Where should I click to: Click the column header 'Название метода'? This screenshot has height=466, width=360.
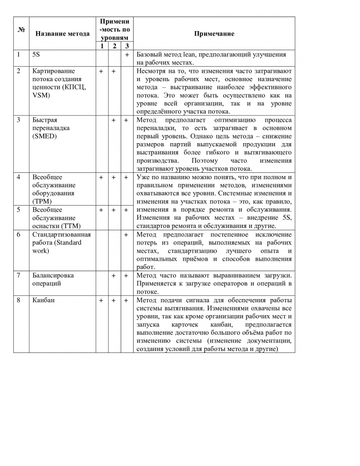click(62, 34)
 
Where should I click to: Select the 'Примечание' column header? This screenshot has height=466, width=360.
click(214, 34)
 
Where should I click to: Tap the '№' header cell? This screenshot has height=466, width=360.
click(21, 30)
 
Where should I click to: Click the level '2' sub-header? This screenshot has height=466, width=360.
click(114, 46)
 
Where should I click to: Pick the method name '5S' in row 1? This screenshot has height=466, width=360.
click(36, 55)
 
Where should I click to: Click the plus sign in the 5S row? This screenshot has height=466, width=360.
click(127, 55)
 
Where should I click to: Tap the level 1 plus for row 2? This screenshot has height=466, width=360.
click(101, 71)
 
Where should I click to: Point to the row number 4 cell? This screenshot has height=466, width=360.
click(18, 177)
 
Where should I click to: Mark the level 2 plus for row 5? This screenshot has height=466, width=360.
click(114, 210)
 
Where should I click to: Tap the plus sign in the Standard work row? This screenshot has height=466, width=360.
click(127, 234)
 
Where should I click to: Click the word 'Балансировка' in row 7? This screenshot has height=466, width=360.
click(53, 275)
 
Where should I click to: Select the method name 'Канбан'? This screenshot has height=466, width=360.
click(43, 300)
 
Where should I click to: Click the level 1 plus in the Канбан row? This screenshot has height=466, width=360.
click(101, 300)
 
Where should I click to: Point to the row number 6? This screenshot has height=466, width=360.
click(18, 234)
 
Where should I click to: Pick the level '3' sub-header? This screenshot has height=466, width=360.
click(127, 46)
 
